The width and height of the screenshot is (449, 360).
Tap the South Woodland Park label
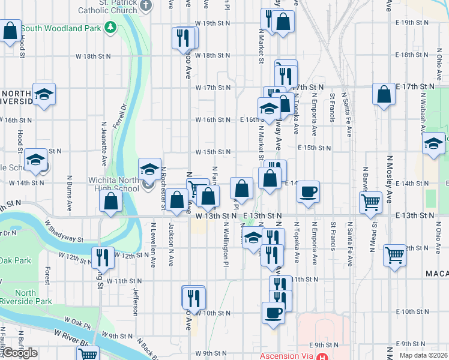pyautogui.click(x=61, y=28)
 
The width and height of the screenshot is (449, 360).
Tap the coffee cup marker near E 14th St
pyautogui.click(x=308, y=191)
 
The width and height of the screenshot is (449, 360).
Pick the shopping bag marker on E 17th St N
pyautogui.click(x=384, y=94)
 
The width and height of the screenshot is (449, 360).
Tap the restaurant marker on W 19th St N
pyautogui.click(x=184, y=37)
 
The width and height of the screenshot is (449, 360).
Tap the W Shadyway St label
pyautogui.click(x=64, y=230)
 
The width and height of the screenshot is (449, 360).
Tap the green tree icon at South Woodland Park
pyautogui.click(x=110, y=28)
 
